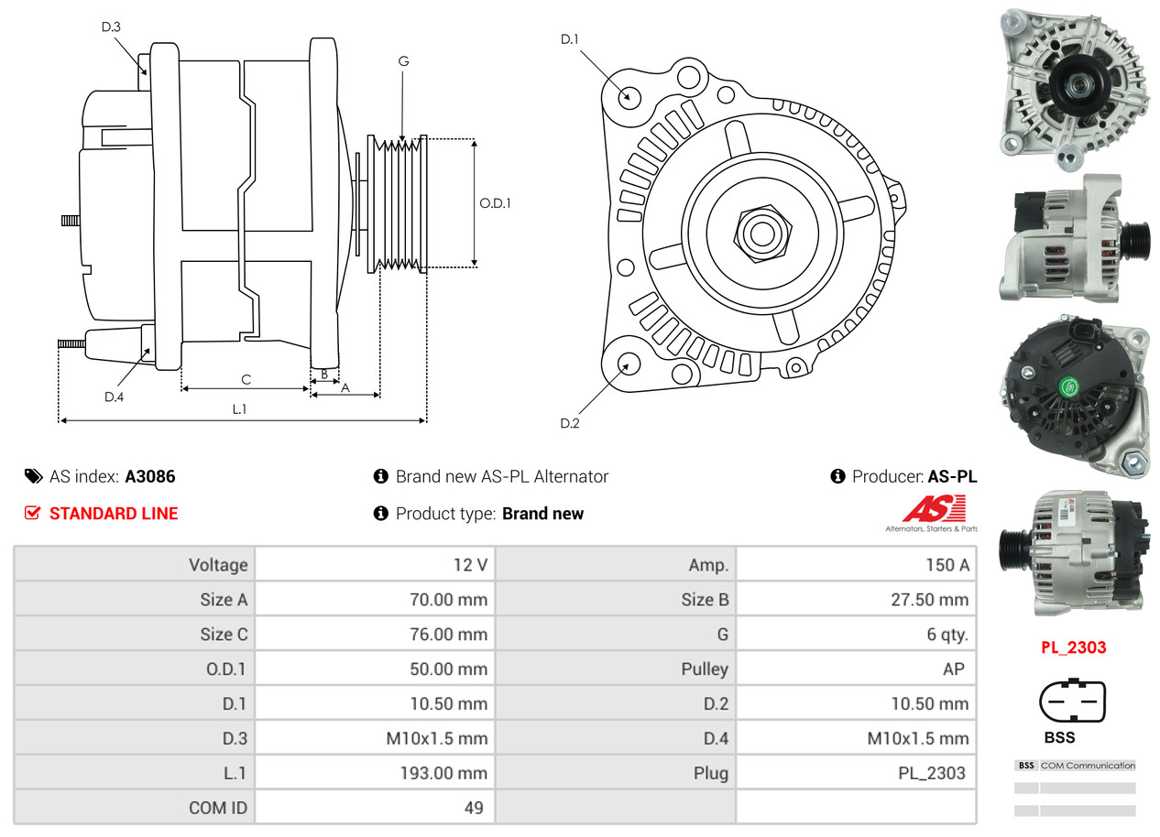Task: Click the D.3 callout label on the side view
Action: click(x=111, y=27)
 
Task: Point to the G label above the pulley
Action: click(x=403, y=61)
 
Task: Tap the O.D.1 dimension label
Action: click(x=495, y=203)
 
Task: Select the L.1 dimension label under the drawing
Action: click(x=238, y=409)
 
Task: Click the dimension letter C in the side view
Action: click(x=246, y=379)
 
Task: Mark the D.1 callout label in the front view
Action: click(x=570, y=39)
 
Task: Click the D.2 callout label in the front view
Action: click(x=570, y=423)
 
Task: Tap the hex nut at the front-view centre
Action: click(x=760, y=233)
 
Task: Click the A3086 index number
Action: click(x=150, y=476)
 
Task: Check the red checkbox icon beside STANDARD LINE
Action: click(x=33, y=513)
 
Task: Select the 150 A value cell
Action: click(x=856, y=565)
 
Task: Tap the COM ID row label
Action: click(x=218, y=808)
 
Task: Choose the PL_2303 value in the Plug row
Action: click(x=856, y=773)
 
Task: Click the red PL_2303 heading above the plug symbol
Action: click(x=1073, y=647)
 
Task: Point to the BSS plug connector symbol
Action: click(x=1073, y=701)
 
